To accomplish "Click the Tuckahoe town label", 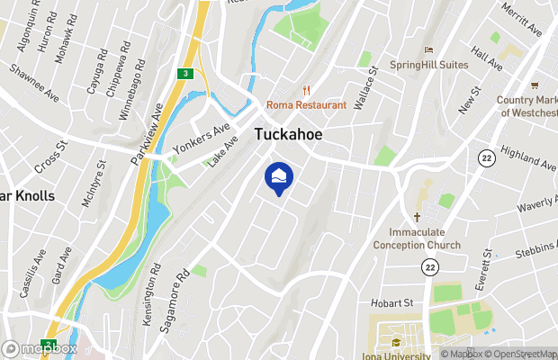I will [288, 134].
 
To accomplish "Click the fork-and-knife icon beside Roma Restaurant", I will [307, 89].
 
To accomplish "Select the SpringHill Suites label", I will [429, 65].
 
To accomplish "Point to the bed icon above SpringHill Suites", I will [429, 49].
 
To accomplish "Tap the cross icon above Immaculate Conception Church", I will [418, 217].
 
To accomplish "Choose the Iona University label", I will [397, 355].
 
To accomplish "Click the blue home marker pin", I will [278, 177].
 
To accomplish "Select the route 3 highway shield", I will [184, 74].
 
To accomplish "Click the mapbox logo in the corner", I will [40, 348].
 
